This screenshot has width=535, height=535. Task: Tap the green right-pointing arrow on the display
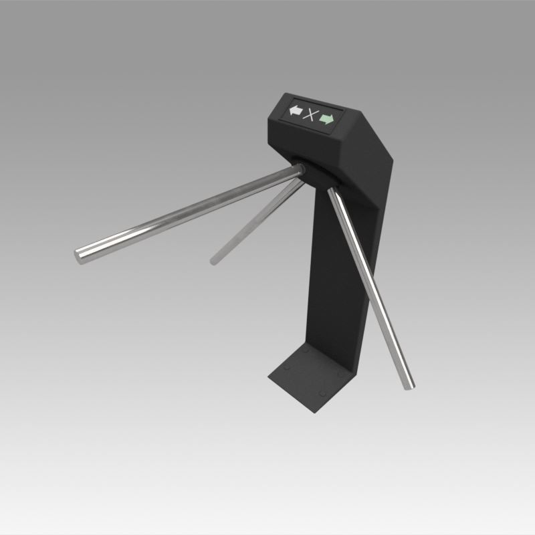click(x=326, y=119)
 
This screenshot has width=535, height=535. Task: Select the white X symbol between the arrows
click(x=310, y=115)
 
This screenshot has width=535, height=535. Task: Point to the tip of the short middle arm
click(x=215, y=259)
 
